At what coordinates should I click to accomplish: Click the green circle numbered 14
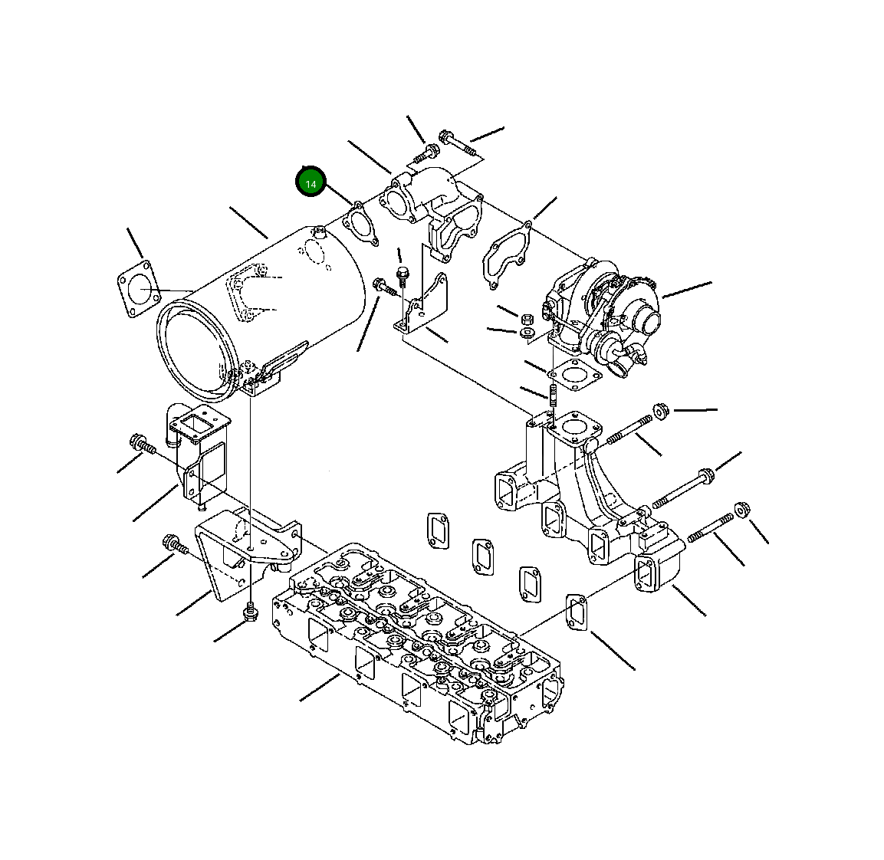311,183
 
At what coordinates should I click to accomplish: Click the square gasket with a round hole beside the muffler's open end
136,288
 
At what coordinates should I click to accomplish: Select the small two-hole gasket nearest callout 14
360,223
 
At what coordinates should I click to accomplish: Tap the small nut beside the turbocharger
526,318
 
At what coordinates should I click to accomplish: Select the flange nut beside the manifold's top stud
660,411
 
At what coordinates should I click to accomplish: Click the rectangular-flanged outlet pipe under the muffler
196,452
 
